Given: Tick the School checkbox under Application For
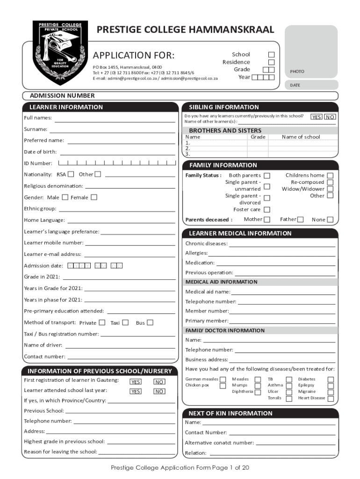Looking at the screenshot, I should [x=271, y=55].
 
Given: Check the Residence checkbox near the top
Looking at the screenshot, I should [x=271, y=62].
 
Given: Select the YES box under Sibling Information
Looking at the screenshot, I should [x=317, y=117].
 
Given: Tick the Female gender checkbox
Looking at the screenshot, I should [x=94, y=197].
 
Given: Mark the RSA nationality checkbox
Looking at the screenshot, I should [x=71, y=174].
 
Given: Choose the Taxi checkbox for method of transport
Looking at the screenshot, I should [x=125, y=323].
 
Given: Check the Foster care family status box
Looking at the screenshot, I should [x=267, y=210].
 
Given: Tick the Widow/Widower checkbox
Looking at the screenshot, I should [x=330, y=189].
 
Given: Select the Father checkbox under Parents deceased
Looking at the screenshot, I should [x=300, y=219].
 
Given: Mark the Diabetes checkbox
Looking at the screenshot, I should [x=331, y=379].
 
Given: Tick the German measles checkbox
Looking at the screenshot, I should [x=223, y=379].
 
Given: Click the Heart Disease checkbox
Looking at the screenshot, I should [x=331, y=399].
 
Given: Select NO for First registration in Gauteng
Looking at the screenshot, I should [x=159, y=382].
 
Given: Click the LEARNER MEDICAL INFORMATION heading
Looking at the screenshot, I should [x=240, y=233].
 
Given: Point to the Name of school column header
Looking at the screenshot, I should [x=301, y=137].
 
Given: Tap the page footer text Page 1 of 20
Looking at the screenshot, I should [x=180, y=468].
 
